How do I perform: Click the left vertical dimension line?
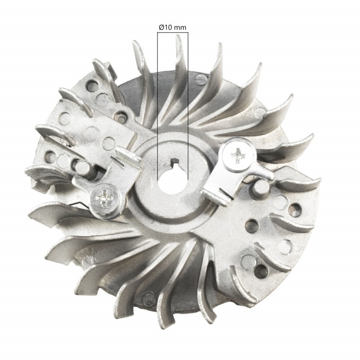(157, 103)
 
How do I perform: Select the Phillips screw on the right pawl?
(238, 155)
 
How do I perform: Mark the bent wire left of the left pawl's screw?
(83, 205)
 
